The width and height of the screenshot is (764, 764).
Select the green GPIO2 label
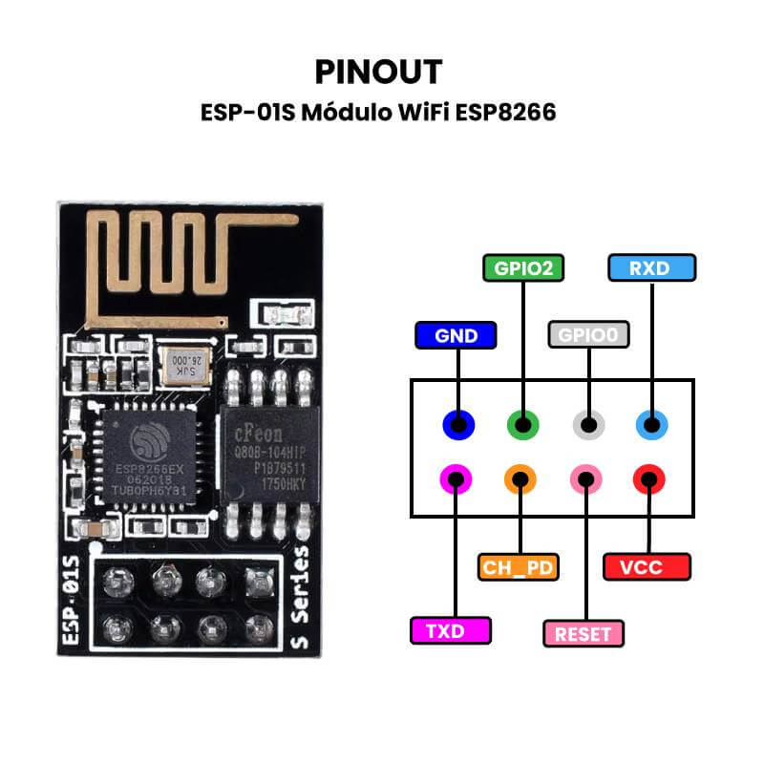tap(522, 268)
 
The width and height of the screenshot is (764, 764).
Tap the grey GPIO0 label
tap(589, 335)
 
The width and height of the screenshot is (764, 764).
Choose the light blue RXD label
tap(651, 268)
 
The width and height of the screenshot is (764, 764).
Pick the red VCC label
tap(647, 567)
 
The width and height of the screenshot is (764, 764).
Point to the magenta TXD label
tap(451, 630)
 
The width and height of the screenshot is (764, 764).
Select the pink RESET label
tap(583, 633)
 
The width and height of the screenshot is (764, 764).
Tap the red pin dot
tap(649, 477)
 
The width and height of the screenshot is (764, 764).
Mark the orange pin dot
tap(520, 477)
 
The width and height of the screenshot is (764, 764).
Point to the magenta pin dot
tap(455, 477)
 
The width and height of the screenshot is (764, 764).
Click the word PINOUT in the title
tap(378, 73)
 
